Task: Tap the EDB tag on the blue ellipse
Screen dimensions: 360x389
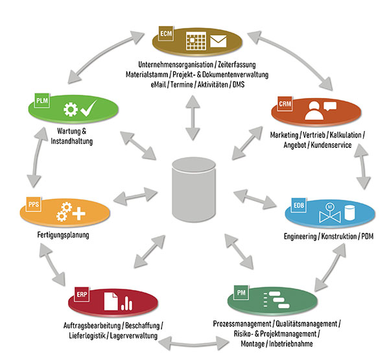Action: [x=299, y=206]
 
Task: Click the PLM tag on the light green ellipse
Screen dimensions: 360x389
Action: [x=41, y=101]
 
